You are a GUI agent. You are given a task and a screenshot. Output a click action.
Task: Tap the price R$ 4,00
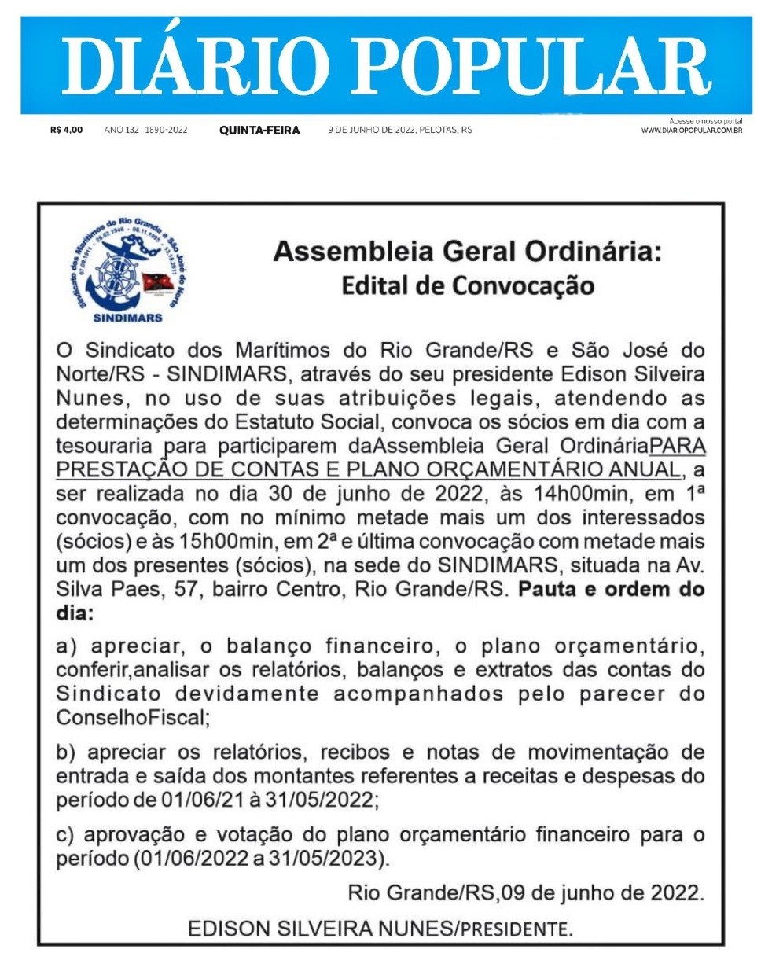(x=66, y=130)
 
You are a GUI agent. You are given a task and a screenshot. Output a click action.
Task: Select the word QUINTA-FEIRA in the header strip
(x=259, y=131)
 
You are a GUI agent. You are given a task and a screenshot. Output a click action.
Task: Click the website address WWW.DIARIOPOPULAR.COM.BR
(x=692, y=130)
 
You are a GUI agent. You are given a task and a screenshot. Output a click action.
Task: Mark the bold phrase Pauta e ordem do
(x=610, y=590)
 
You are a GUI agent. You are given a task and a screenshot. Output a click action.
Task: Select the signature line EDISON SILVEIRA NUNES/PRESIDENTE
(x=380, y=929)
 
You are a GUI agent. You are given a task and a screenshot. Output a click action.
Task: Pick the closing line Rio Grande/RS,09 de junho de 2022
(x=525, y=893)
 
